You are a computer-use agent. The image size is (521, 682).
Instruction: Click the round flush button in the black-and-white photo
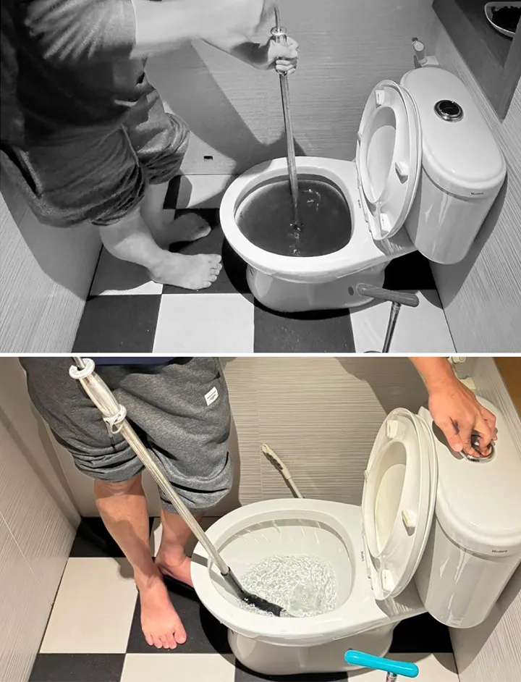(x=449, y=110)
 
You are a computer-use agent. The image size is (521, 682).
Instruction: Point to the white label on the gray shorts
(x=211, y=395)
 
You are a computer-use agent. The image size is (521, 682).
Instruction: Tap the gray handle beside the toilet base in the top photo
(x=387, y=294)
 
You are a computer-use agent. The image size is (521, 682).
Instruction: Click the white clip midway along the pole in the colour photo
(x=115, y=419)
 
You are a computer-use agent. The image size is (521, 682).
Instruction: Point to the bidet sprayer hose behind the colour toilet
(x=282, y=471)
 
